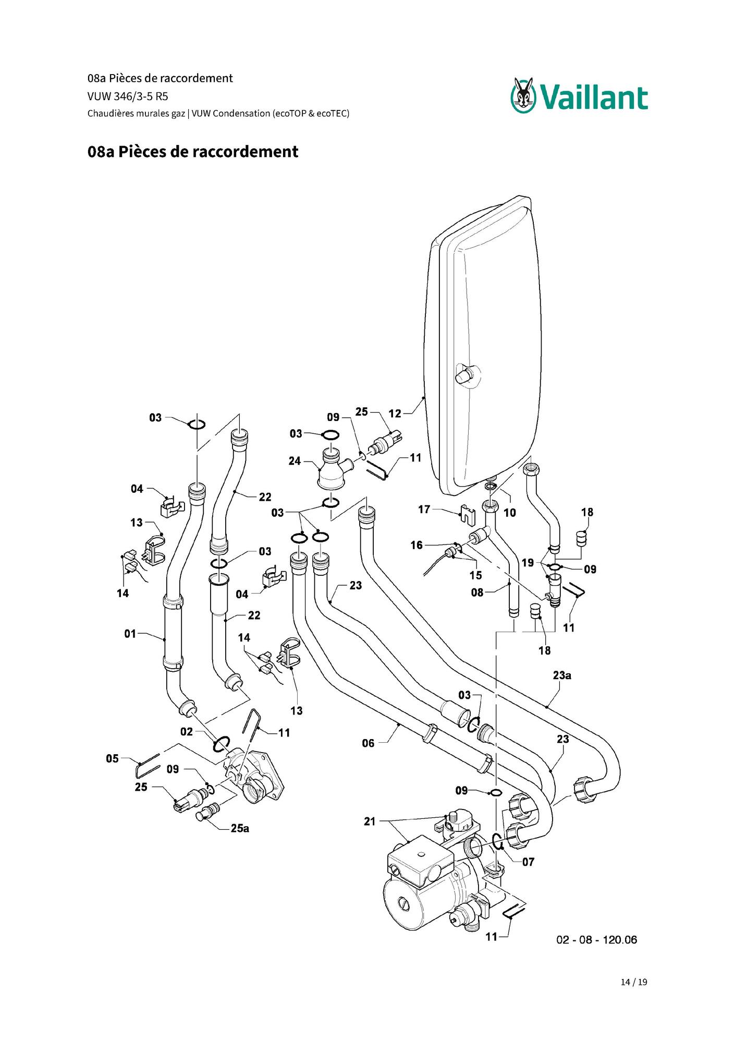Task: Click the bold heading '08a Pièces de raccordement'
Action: click(193, 152)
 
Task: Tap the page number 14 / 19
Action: click(634, 982)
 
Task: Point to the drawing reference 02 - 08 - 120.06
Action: click(597, 940)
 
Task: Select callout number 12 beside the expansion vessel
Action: click(395, 414)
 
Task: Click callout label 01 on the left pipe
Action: click(130, 634)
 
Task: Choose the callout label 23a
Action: click(562, 675)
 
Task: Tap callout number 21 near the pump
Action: click(370, 821)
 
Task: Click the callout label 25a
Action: click(240, 828)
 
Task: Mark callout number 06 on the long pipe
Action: click(368, 743)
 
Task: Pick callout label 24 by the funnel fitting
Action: click(295, 461)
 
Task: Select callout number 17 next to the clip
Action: click(424, 509)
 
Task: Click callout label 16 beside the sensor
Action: click(416, 545)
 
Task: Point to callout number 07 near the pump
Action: click(528, 862)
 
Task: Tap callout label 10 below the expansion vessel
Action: click(510, 513)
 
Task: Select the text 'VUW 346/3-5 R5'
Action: click(128, 96)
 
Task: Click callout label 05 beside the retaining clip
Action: click(112, 758)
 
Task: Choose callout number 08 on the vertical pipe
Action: click(477, 592)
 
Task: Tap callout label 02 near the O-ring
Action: click(186, 732)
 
